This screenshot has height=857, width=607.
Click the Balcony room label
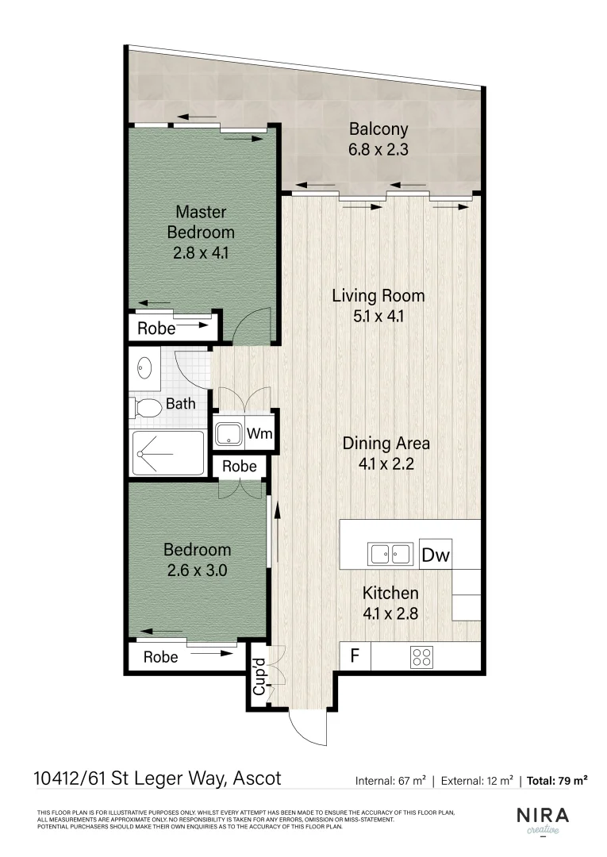point(378,129)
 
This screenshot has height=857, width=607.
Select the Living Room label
point(378,296)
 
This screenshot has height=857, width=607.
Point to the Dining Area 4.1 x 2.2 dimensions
point(386,464)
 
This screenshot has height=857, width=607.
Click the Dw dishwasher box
point(435,555)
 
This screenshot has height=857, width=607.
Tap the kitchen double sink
point(390,554)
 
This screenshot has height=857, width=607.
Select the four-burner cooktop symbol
point(421,657)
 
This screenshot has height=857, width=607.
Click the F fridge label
point(355,657)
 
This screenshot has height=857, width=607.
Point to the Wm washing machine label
point(259,434)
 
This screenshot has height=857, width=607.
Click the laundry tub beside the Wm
point(229,434)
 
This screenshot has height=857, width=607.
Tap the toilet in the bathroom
point(145,408)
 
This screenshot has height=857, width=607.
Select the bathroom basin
point(145,367)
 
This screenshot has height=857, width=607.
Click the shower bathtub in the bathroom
point(167,454)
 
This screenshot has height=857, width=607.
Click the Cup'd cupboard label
point(258,678)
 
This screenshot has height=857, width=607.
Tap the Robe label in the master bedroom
point(156,329)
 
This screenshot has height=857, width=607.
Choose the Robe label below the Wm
point(239,467)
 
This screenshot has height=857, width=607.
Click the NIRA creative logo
point(543,820)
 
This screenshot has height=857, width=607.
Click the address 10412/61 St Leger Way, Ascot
point(157,778)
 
